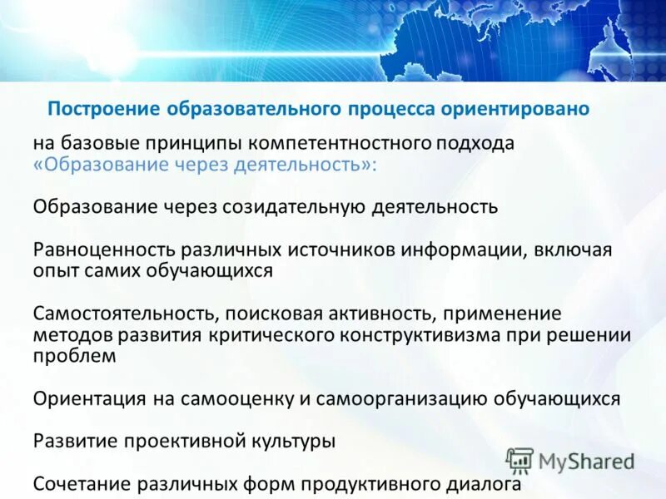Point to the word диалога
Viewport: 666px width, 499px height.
tap(483, 484)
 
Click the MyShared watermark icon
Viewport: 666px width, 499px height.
tap(519, 460)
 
